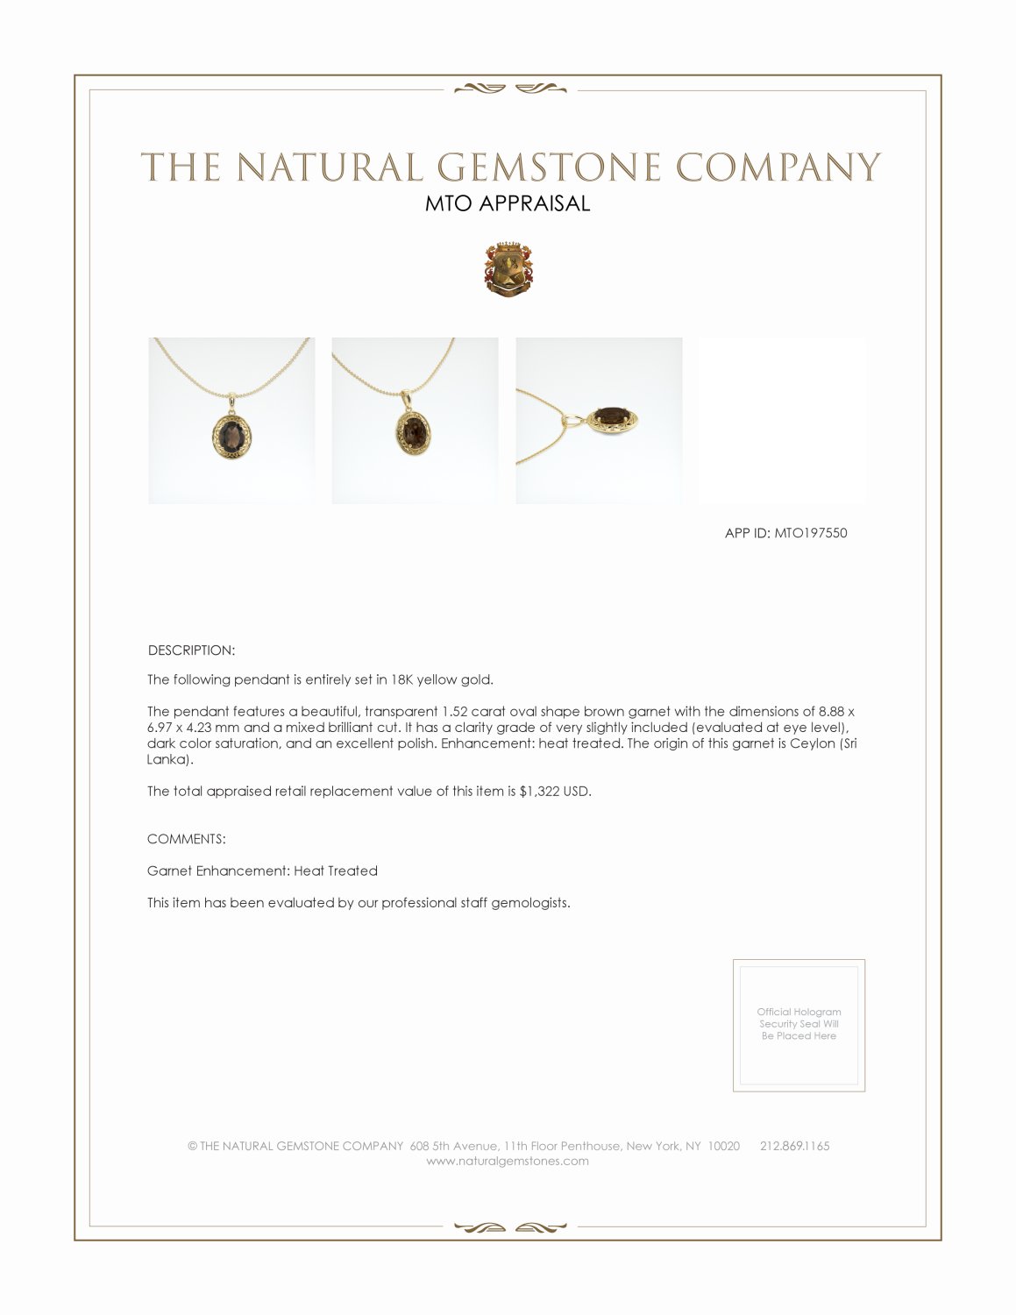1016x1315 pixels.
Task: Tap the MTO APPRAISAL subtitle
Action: [x=508, y=203]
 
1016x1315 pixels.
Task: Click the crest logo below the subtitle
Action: [x=508, y=268]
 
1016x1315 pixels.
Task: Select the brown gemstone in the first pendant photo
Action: [x=231, y=433]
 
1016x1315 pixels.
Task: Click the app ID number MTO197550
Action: [x=811, y=533]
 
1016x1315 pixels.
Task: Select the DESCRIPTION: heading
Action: [x=191, y=650]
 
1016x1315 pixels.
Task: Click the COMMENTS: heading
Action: [x=187, y=839]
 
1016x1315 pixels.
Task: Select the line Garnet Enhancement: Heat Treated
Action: [x=262, y=871]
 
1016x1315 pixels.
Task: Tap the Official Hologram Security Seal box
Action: [x=799, y=1025]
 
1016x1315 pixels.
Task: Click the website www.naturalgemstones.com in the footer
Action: [x=508, y=1162]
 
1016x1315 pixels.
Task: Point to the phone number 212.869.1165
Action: [x=794, y=1147]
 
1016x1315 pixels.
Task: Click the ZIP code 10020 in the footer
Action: [x=723, y=1147]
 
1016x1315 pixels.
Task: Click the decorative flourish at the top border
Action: [x=508, y=88]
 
